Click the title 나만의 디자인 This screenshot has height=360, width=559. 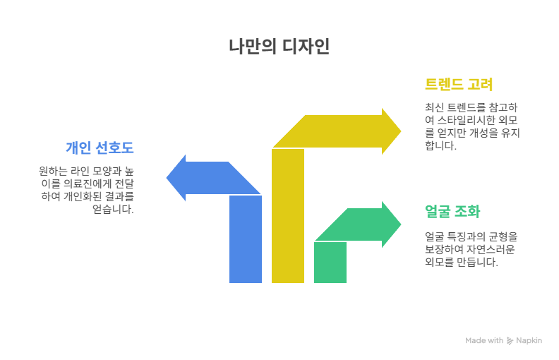pyautogui.click(x=279, y=47)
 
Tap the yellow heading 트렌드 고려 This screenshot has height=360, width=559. pyautogui.click(x=459, y=85)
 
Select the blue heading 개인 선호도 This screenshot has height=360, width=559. pyautogui.click(x=100, y=148)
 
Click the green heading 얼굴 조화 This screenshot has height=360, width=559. pyautogui.click(x=452, y=211)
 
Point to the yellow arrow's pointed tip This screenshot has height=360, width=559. pyautogui.click(x=401, y=131)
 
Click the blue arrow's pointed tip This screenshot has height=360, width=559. pyautogui.click(x=167, y=177)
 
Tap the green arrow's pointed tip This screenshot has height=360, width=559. pyautogui.click(x=401, y=224)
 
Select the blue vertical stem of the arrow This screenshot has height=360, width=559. pyautogui.click(x=246, y=239)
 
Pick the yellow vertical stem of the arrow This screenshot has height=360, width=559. pyautogui.click(x=288, y=215)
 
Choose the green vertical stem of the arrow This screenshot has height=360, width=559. pyautogui.click(x=330, y=263)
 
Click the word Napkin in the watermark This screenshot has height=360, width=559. pyautogui.click(x=529, y=341)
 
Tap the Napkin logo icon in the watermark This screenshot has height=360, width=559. pyautogui.click(x=510, y=341)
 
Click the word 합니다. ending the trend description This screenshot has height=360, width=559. pyautogui.click(x=440, y=145)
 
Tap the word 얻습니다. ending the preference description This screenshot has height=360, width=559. pyautogui.click(x=113, y=209)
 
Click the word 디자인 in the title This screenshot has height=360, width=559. pyautogui.click(x=306, y=47)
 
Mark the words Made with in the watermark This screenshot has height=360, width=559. pyautogui.click(x=484, y=341)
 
